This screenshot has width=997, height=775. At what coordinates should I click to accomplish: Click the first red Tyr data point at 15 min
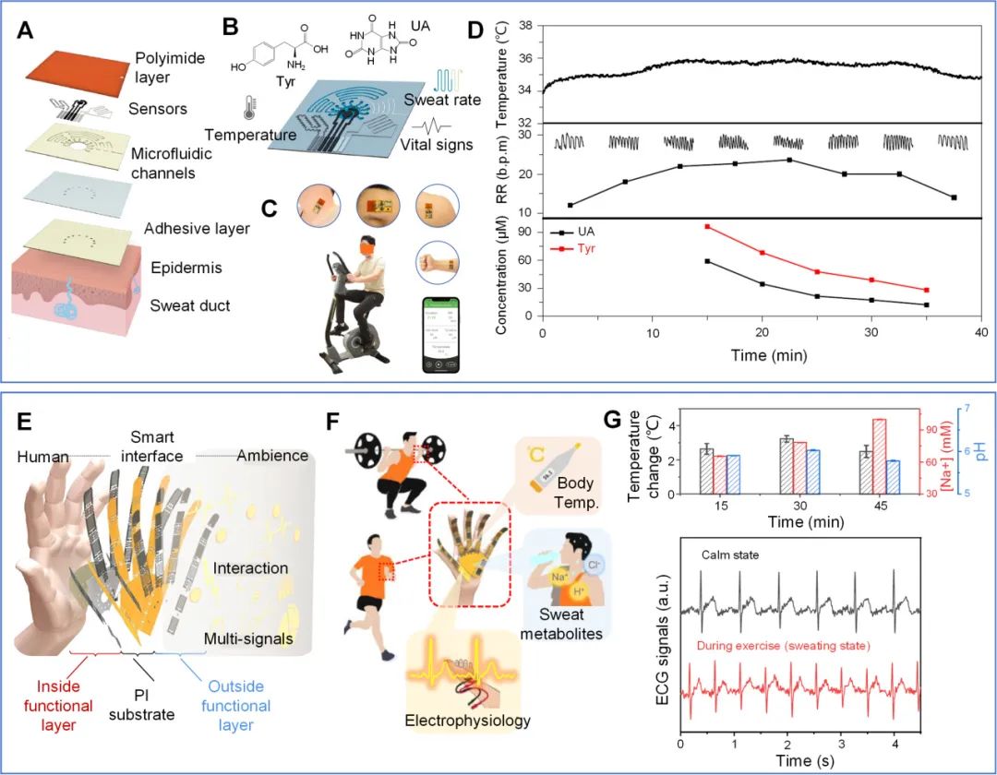(x=707, y=226)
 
